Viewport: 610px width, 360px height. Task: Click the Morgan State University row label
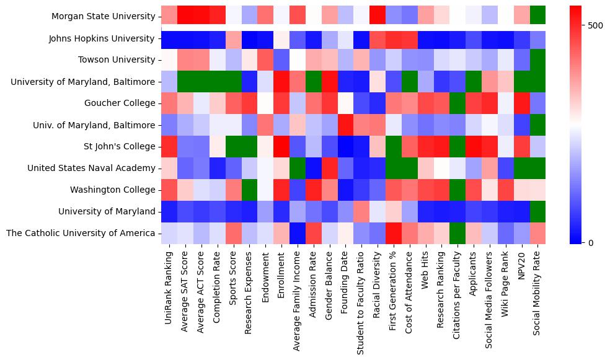click(103, 16)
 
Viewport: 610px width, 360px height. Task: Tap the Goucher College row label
click(122, 103)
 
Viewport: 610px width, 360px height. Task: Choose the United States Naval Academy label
click(91, 168)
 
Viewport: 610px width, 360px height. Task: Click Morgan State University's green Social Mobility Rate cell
click(537, 15)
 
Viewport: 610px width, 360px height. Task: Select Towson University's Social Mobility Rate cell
click(537, 59)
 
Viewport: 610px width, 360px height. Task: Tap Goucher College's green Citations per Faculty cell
click(457, 103)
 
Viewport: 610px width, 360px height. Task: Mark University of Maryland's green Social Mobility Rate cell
click(537, 211)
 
